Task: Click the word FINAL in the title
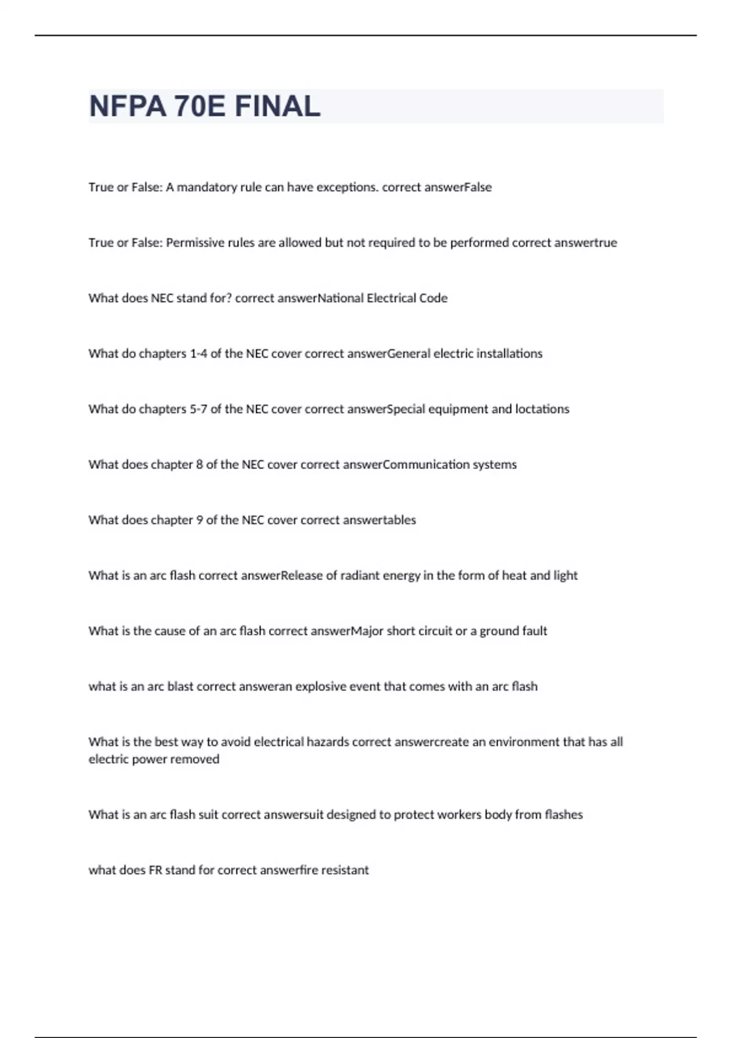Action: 278,106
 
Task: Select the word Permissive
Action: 195,243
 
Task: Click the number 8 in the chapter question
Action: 199,465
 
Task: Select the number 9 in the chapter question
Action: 199,520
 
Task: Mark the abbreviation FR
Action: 156,871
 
